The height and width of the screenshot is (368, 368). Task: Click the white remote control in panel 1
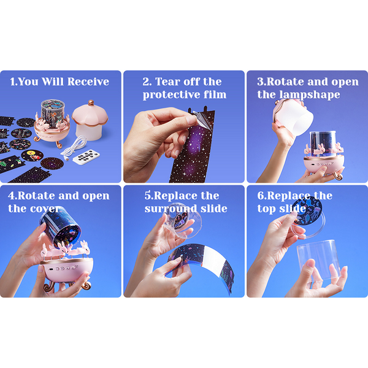[x=86, y=157]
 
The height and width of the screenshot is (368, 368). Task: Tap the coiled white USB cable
[x=74, y=148]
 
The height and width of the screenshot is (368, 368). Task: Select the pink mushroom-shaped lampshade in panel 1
[x=90, y=120]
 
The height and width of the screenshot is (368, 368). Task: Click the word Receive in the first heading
[x=88, y=82]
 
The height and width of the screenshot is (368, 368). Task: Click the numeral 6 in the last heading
[x=260, y=196]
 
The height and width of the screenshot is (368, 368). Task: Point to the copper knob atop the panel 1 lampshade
[x=91, y=103]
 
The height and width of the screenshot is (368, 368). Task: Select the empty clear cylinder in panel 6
[x=318, y=263]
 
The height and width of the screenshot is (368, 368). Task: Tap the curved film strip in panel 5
[x=201, y=263]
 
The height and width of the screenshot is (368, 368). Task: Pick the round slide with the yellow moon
[x=32, y=155]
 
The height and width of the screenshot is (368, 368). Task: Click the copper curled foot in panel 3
[x=338, y=175]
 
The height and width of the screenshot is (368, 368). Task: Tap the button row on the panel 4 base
[x=64, y=269]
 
